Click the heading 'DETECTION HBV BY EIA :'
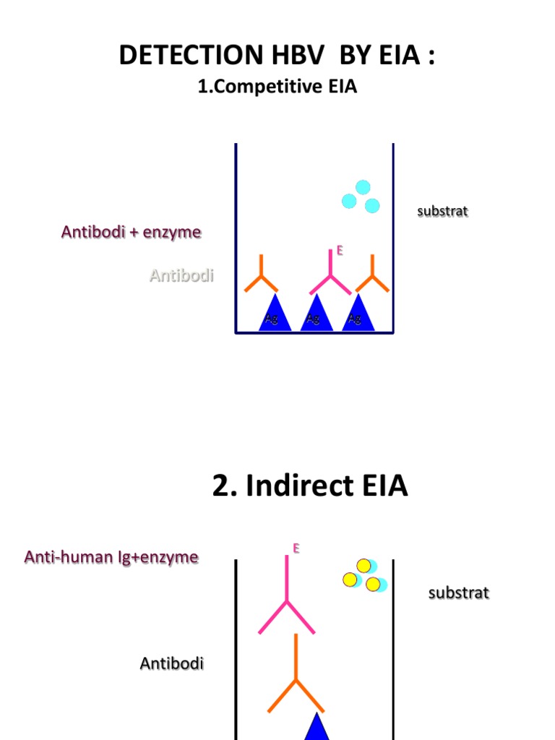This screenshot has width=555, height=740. pyautogui.click(x=277, y=56)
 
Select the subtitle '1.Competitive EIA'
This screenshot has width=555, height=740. pyautogui.click(x=277, y=87)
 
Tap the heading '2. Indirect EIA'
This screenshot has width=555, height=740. pyautogui.click(x=310, y=486)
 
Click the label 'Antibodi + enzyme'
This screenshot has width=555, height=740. pyautogui.click(x=132, y=232)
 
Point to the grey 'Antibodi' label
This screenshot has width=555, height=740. pyautogui.click(x=181, y=275)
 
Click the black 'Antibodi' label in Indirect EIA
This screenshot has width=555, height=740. pyautogui.click(x=171, y=663)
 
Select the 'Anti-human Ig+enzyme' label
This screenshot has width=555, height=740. pyautogui.click(x=111, y=557)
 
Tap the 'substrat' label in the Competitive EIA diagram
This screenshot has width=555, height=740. pyautogui.click(x=443, y=211)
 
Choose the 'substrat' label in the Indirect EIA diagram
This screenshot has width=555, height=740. pyautogui.click(x=459, y=593)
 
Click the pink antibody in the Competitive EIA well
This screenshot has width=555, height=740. pyautogui.click(x=330, y=277)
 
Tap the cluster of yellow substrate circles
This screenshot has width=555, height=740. pyautogui.click(x=363, y=575)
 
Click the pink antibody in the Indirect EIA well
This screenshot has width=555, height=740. pyautogui.click(x=287, y=600)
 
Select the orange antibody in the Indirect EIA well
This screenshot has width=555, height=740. pyautogui.click(x=295, y=676)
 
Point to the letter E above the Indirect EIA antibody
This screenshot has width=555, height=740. pyautogui.click(x=296, y=548)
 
